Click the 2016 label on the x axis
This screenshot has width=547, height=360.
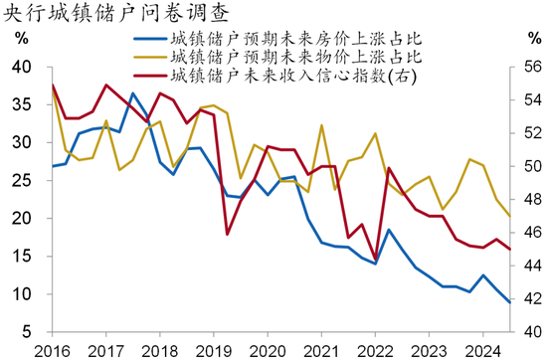pyautogui.click(x=50, y=350)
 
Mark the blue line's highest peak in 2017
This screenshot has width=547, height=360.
pyautogui.click(x=133, y=93)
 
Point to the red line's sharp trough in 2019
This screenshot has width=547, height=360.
pyautogui.click(x=228, y=234)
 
